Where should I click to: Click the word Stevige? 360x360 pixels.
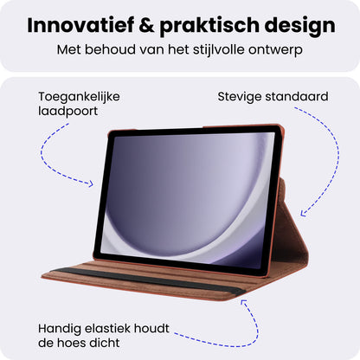[x=244, y=96]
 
